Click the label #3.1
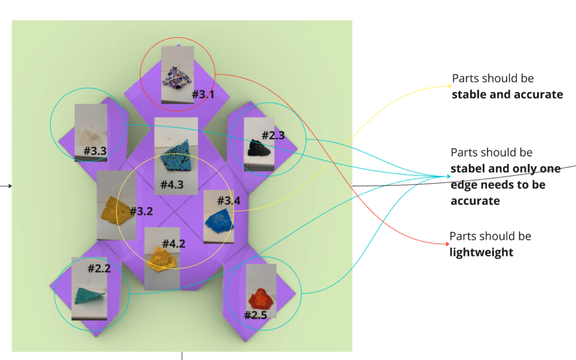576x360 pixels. click(203, 94)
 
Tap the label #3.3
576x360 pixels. click(95, 151)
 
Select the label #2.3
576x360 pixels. click(273, 135)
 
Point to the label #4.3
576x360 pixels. click(172, 184)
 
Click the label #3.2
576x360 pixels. click(141, 211)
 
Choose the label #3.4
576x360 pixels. click(228, 200)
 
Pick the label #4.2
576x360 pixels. click(174, 243)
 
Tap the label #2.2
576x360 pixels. click(99, 268)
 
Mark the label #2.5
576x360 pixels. click(255, 315)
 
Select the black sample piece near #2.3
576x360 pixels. click(259, 148)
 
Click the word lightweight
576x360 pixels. click(481, 252)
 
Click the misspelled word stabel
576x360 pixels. click(467, 168)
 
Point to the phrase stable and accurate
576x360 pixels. click(507, 94)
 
